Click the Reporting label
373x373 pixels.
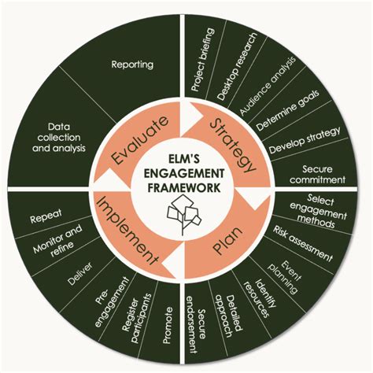(132, 65)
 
